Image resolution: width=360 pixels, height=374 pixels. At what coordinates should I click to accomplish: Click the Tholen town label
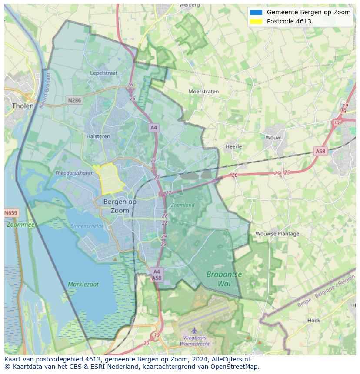[x=23, y=106]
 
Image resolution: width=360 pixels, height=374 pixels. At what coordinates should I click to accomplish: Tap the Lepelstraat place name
[x=103, y=73]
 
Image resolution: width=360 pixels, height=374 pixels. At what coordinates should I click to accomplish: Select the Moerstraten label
[x=203, y=92]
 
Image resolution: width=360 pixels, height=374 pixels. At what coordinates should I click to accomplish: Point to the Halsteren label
[x=99, y=136]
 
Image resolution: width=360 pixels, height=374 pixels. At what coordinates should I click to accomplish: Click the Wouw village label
[x=273, y=137]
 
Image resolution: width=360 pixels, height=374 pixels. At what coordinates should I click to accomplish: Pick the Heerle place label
[x=233, y=146]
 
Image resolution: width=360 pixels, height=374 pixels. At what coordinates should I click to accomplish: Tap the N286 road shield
[x=74, y=100]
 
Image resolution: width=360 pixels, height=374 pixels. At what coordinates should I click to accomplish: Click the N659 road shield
[x=11, y=213]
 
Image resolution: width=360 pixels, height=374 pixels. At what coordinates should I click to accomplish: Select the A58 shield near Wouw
[x=320, y=151]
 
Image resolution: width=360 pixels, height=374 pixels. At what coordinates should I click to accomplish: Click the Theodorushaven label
[x=74, y=172]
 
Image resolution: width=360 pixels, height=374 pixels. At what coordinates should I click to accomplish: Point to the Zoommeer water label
[x=22, y=225]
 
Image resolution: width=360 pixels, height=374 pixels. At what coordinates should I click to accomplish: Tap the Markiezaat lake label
[x=83, y=285]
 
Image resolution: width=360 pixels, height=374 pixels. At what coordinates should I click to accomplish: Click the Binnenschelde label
[x=87, y=226]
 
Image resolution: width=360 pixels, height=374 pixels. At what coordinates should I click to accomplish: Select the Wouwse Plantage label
[x=277, y=233]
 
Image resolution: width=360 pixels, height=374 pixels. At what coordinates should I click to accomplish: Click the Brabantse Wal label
[x=224, y=279]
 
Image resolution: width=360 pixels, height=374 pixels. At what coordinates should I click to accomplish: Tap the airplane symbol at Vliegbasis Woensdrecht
[x=194, y=330]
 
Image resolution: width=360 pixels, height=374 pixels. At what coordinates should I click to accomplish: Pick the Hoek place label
[x=313, y=320]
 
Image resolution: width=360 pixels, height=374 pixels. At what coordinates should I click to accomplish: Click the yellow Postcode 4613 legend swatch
[x=256, y=21]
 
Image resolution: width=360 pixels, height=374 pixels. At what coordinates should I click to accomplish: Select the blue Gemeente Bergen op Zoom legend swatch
[x=256, y=12]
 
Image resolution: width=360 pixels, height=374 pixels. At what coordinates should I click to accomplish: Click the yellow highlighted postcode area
[x=110, y=178]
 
